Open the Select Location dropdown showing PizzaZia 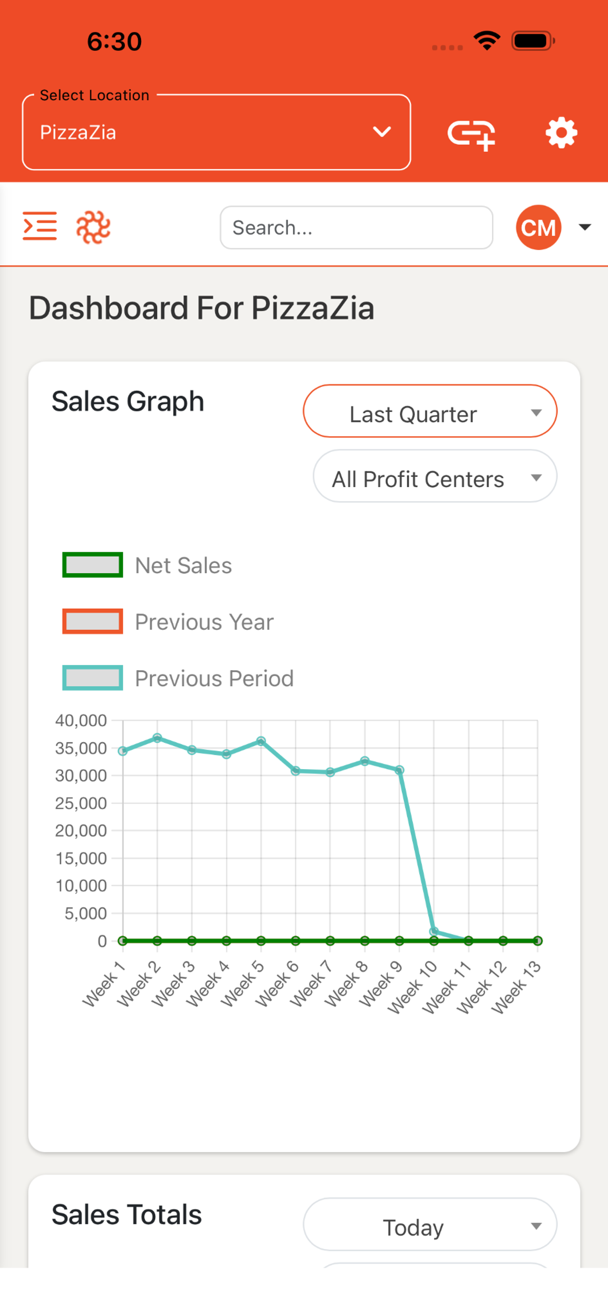pos(216,132)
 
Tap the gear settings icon pos(561,133)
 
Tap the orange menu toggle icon pos(40,226)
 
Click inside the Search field pos(356,227)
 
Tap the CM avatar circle pos(538,227)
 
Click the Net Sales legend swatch pos(93,565)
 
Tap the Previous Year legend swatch pos(93,621)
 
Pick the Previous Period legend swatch pos(93,678)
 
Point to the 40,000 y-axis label pos(81,721)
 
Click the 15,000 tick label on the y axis pos(81,858)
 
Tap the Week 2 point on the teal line pos(157,738)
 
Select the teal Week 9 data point pos(399,770)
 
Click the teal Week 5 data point pos(261,741)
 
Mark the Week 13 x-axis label pos(516,987)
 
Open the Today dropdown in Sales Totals pos(430,1225)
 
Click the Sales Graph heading pos(128,401)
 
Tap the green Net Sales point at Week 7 pos(330,941)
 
